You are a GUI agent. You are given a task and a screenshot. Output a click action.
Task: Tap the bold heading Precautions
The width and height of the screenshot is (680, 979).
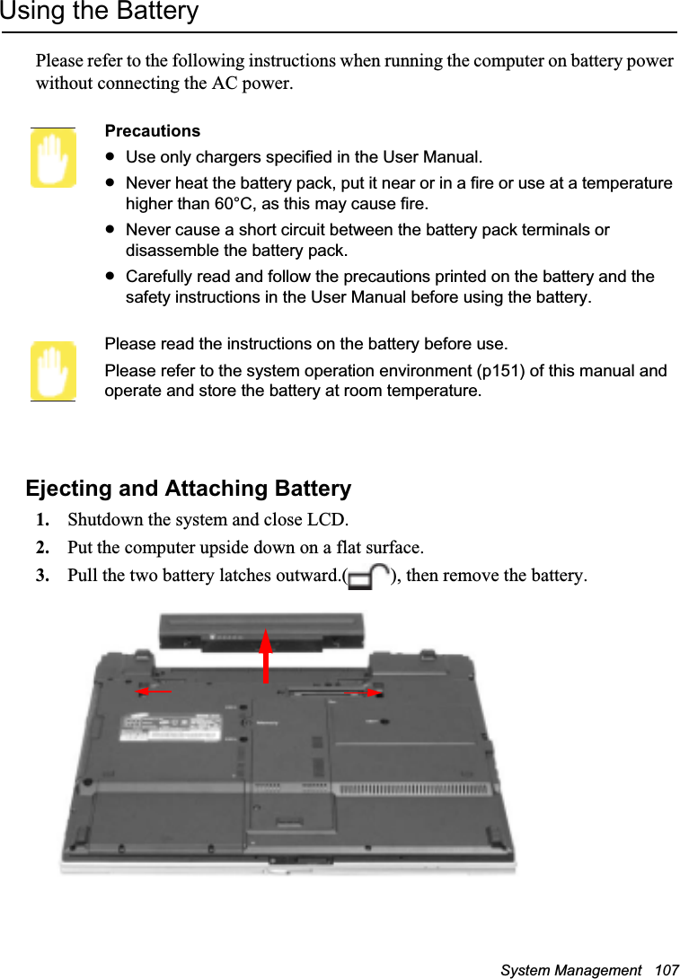(x=153, y=131)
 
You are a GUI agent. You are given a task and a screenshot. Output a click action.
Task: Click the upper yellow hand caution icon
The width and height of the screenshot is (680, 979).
(x=53, y=159)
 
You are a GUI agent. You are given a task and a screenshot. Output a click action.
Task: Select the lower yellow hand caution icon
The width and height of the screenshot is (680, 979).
(x=53, y=371)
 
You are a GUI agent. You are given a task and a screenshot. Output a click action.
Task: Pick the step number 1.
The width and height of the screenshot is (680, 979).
(x=42, y=520)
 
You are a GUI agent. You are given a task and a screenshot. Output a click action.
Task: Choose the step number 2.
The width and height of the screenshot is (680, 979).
(x=42, y=548)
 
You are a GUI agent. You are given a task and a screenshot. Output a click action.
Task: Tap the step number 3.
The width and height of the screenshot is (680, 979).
(x=42, y=576)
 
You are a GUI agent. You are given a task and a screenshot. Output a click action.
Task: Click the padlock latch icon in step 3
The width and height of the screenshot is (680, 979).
(x=367, y=577)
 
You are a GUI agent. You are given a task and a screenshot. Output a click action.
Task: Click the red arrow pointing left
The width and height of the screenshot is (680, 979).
(x=154, y=692)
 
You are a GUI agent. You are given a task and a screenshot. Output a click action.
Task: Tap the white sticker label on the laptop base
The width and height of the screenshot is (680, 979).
(x=171, y=727)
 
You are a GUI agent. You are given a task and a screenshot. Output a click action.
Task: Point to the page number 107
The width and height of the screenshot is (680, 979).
(x=667, y=971)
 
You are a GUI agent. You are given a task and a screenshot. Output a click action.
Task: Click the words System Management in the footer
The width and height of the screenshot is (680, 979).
(x=571, y=971)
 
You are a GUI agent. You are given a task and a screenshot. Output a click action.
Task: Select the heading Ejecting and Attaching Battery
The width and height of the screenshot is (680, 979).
(x=189, y=489)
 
